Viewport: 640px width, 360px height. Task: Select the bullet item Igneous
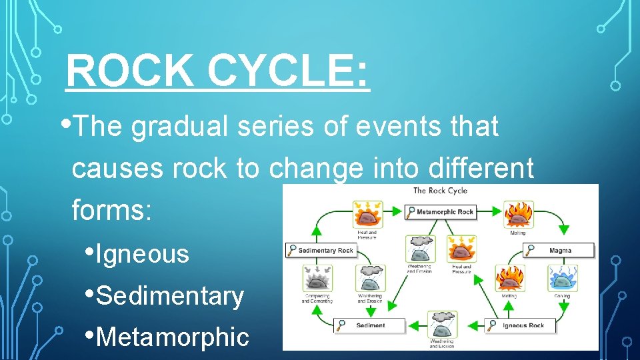click(142, 254)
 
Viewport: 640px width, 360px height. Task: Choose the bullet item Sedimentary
click(170, 295)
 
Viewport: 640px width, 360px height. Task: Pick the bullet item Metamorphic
click(173, 337)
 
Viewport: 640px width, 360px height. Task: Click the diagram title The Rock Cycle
click(440, 191)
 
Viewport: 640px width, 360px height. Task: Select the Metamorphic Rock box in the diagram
click(441, 212)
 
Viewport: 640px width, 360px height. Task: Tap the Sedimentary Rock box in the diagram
click(322, 250)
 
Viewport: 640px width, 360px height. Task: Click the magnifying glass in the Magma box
click(531, 251)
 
